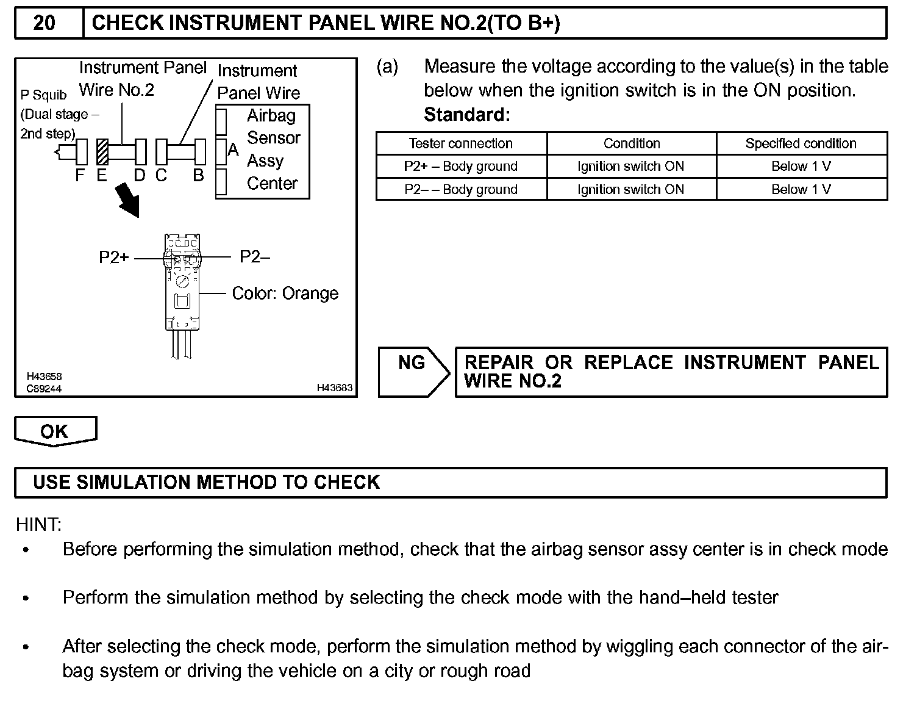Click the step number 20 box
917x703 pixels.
point(45,23)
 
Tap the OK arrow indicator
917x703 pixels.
point(55,431)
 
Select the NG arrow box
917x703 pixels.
point(414,372)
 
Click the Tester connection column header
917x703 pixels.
point(461,143)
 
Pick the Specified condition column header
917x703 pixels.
point(801,143)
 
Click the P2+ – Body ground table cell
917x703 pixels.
point(461,167)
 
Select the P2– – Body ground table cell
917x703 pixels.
point(461,189)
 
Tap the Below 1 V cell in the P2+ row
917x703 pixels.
point(801,167)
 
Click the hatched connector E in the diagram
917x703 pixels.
point(102,152)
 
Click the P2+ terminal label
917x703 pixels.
point(114,258)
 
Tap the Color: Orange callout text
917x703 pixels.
point(285,294)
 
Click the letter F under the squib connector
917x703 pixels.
point(80,176)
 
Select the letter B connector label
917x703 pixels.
point(198,176)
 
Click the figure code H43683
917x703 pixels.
point(334,388)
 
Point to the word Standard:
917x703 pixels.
point(466,115)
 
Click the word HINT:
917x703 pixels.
point(38,524)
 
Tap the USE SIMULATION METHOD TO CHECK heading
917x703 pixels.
point(206,482)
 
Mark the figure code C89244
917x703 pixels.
point(44,389)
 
